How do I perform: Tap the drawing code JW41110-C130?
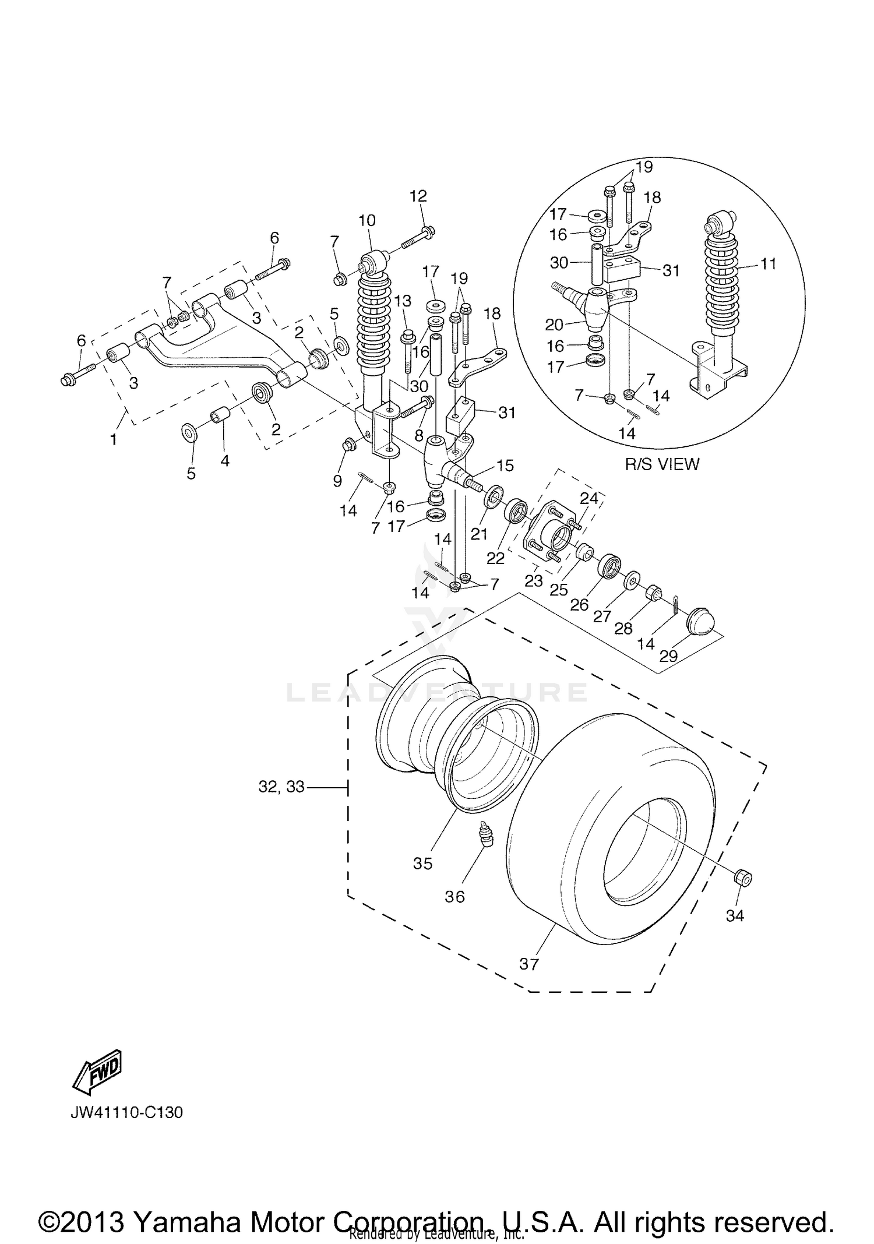pyautogui.click(x=127, y=1113)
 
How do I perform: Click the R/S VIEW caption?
pyautogui.click(x=662, y=464)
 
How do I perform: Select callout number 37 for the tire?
pyautogui.click(x=529, y=964)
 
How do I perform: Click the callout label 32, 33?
pyautogui.click(x=281, y=787)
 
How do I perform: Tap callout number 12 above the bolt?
pyautogui.click(x=418, y=196)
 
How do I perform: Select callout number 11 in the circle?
pyautogui.click(x=769, y=264)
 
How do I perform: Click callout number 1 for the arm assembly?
pyautogui.click(x=114, y=439)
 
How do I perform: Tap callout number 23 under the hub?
pyautogui.click(x=534, y=580)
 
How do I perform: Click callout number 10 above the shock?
pyautogui.click(x=367, y=220)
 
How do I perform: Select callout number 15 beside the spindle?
pyautogui.click(x=505, y=465)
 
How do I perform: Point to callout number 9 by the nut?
pyautogui.click(x=337, y=481)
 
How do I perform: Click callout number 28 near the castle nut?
pyautogui.click(x=623, y=628)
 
